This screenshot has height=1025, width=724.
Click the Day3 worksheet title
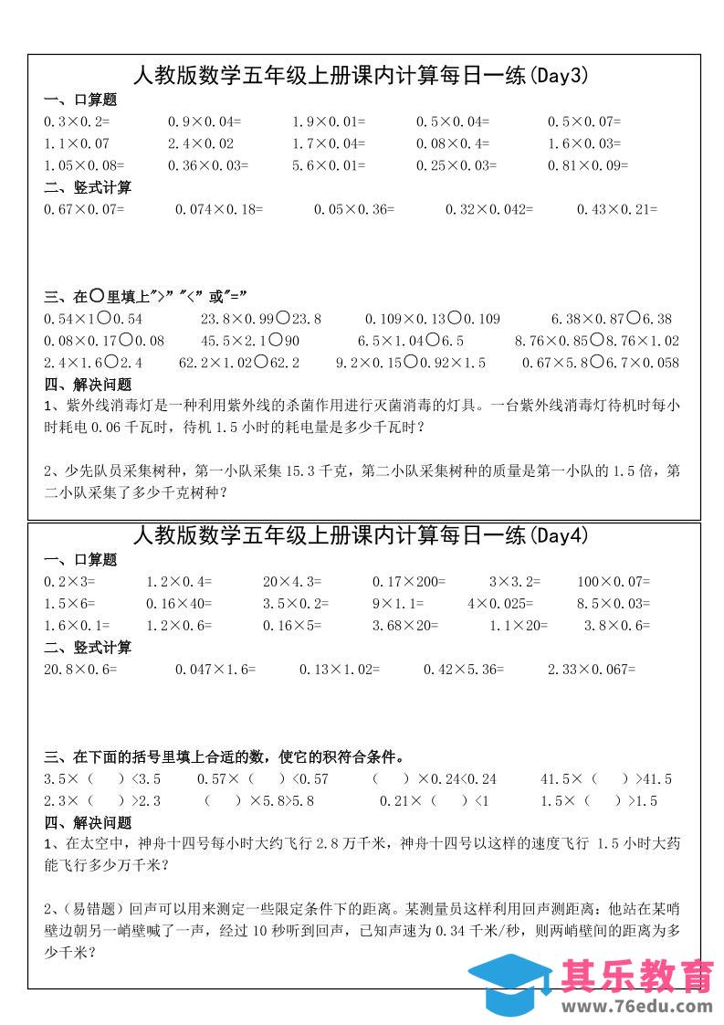pos(361,77)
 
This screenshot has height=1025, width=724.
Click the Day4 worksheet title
pos(361,536)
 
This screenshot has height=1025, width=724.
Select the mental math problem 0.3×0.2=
pos(77,121)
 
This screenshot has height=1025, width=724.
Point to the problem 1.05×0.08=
pos(84,165)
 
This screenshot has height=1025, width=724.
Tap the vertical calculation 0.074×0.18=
pos(218,209)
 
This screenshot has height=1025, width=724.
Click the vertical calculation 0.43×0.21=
pos(616,209)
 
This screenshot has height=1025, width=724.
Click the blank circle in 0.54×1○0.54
pos(104,318)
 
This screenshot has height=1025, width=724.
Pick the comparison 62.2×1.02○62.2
pos(239,363)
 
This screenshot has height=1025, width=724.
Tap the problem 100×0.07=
pos(614,581)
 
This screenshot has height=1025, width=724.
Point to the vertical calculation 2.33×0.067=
pos(591,670)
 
